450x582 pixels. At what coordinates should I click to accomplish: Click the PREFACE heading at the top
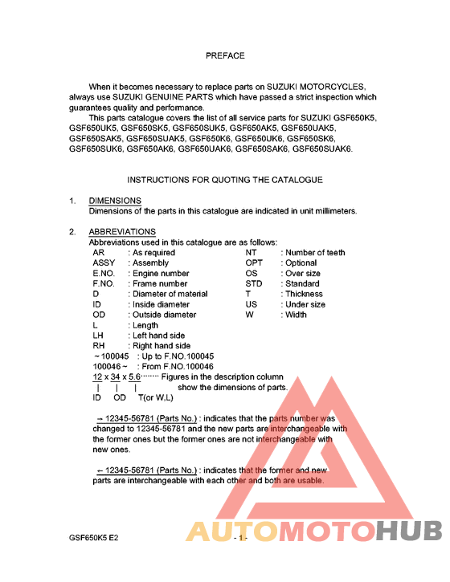point(225,56)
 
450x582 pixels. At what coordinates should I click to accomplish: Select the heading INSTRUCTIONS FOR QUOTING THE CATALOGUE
point(225,180)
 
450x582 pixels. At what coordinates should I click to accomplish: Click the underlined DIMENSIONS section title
point(115,201)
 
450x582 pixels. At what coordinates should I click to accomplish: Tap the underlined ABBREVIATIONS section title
point(122,232)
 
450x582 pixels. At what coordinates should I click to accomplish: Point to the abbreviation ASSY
point(104,263)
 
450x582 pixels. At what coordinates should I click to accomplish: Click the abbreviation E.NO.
point(105,274)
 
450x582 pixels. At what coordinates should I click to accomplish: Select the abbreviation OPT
point(254,263)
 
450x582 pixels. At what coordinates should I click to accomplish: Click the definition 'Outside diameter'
point(164,315)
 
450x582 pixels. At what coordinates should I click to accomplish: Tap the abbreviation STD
point(254,284)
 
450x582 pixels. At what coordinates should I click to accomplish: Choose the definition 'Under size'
point(305,305)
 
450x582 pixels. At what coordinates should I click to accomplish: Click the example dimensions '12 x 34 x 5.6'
point(116,377)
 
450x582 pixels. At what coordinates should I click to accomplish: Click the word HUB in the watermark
point(409,531)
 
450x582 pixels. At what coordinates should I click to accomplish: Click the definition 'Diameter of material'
point(170,295)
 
